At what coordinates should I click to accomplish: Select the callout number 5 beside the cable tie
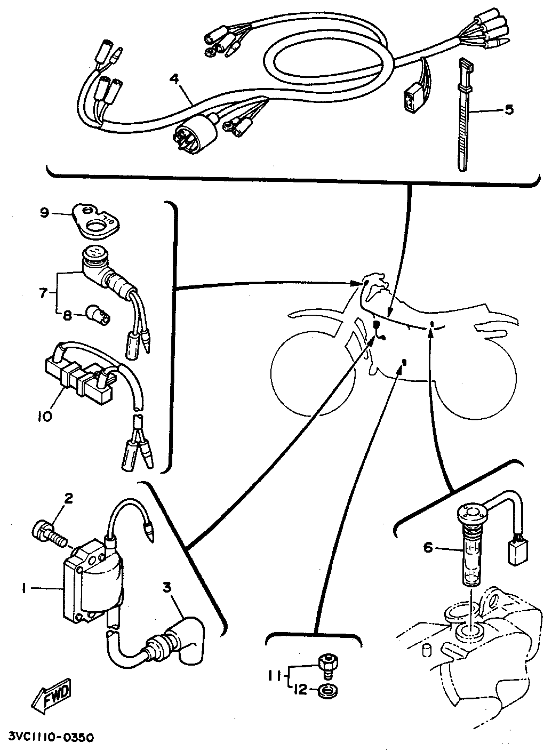pyautogui.click(x=509, y=110)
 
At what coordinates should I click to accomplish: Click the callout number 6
pyautogui.click(x=427, y=548)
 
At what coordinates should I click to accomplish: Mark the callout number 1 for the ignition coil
pyautogui.click(x=24, y=589)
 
